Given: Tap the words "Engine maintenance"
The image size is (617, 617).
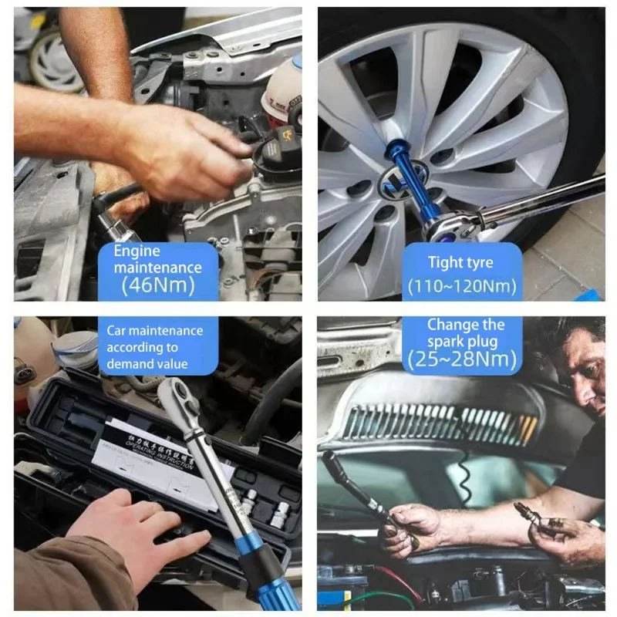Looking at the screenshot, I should [157, 259].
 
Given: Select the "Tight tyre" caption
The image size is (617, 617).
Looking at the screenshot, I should [460, 262].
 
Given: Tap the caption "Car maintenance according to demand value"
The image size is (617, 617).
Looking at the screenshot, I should [154, 347].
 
